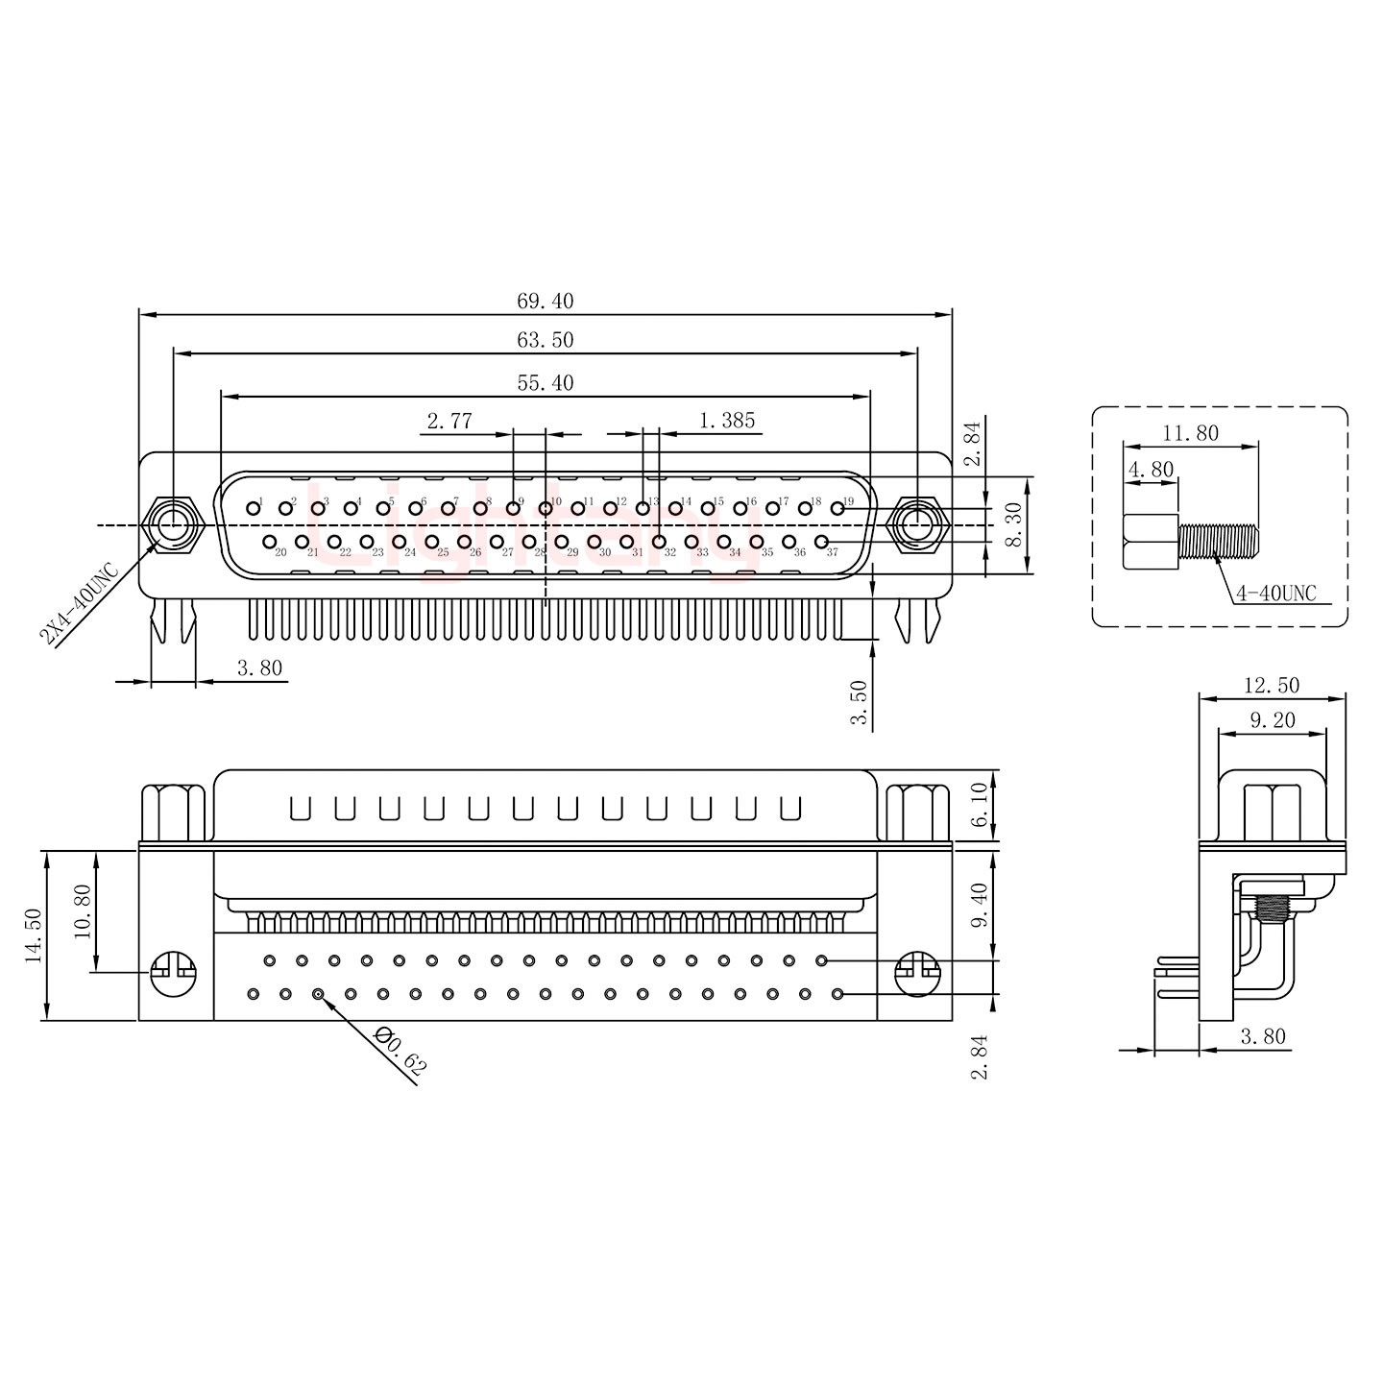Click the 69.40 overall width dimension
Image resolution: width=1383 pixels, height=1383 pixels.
[545, 301]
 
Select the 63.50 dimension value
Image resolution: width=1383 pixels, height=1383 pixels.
[545, 341]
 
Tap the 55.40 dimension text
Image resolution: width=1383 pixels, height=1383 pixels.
[545, 383]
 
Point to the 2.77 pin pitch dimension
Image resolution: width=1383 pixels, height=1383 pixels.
[449, 421]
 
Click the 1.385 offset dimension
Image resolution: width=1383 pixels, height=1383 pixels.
[727, 420]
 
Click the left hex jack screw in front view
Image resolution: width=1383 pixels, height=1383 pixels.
[172, 525]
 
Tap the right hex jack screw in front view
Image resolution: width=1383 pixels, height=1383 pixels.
[917, 525]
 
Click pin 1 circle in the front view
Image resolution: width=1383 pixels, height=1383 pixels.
[253, 507]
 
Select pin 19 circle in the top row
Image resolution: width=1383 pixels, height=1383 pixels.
[837, 508]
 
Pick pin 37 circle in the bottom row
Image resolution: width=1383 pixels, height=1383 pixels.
[821, 543]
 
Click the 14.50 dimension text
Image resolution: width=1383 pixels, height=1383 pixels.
[35, 936]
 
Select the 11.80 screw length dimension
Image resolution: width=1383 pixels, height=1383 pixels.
[1190, 433]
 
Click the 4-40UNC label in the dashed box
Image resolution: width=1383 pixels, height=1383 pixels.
[1274, 593]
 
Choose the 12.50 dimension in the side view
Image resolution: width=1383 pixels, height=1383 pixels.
[1271, 685]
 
